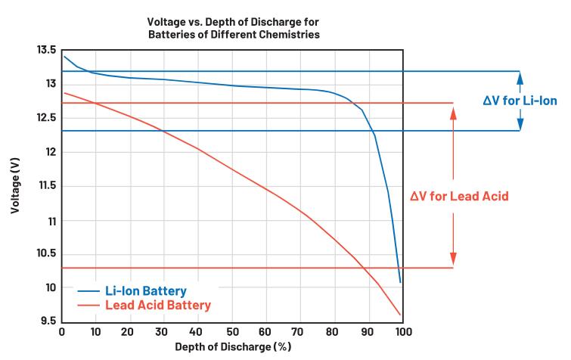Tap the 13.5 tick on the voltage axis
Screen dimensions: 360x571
point(47,50)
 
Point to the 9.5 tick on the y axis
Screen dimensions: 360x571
point(48,321)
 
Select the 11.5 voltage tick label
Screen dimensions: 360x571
point(47,186)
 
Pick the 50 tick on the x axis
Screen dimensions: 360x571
point(232,332)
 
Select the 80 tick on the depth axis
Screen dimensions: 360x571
point(334,332)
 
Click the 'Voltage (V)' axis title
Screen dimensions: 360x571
point(16,185)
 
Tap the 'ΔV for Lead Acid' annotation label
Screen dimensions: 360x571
point(459,196)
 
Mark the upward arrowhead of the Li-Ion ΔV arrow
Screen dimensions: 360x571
point(520,76)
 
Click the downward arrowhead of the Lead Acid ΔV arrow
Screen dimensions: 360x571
point(453,262)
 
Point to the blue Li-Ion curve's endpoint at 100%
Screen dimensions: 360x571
point(400,282)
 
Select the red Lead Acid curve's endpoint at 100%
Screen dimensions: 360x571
point(400,315)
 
